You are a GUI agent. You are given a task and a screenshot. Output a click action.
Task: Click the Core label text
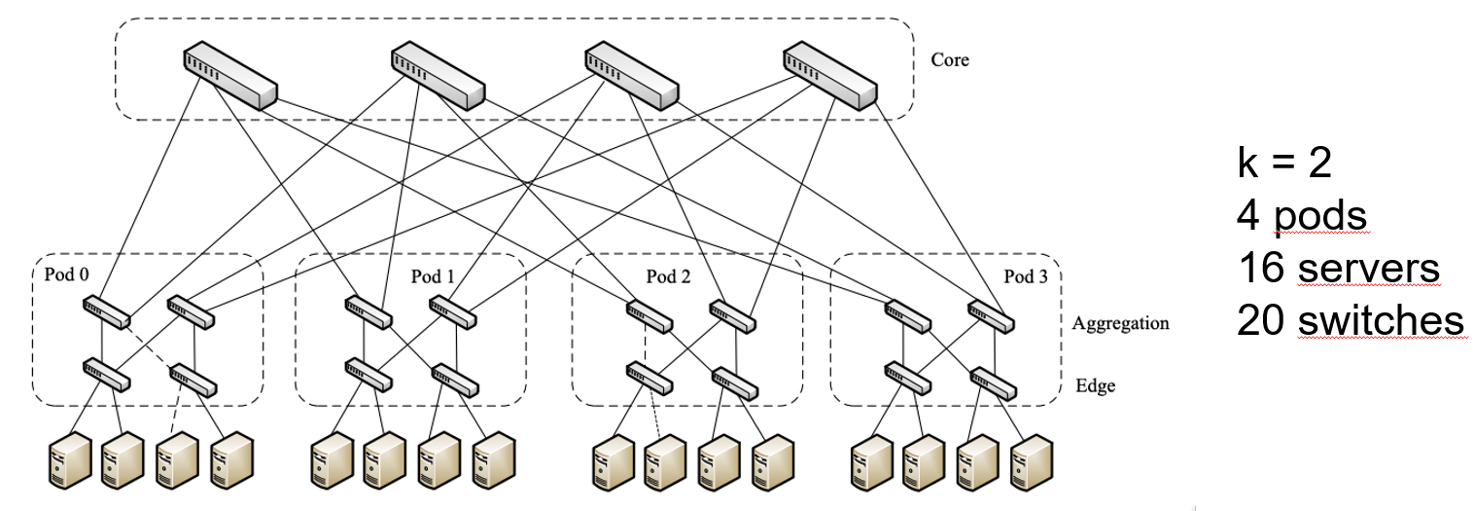click(x=950, y=60)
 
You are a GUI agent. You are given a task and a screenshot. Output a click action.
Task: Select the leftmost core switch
click(x=229, y=76)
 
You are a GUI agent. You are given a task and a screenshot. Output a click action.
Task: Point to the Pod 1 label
click(x=433, y=276)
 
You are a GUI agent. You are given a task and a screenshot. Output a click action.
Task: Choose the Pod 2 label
click(x=668, y=276)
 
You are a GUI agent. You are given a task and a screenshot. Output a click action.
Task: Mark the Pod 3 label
click(x=1026, y=276)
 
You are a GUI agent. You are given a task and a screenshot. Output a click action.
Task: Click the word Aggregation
click(x=1120, y=323)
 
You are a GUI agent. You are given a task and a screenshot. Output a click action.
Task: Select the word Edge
click(x=1095, y=386)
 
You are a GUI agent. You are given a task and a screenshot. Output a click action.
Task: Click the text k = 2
click(x=1284, y=164)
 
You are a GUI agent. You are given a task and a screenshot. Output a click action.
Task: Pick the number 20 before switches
click(x=1262, y=319)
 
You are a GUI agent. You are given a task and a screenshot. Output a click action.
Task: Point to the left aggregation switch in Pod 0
click(x=106, y=311)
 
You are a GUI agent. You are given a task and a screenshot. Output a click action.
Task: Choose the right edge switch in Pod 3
click(x=993, y=383)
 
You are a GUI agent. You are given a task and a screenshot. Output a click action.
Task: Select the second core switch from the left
click(x=438, y=76)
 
